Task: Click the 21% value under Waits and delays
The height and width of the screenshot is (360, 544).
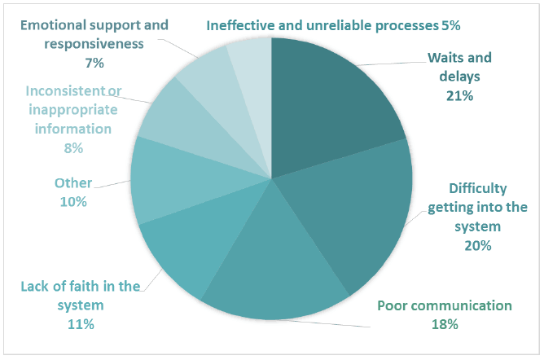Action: (x=459, y=96)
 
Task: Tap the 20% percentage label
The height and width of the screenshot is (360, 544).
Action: (x=478, y=245)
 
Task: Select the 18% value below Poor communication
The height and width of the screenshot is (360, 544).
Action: (x=445, y=324)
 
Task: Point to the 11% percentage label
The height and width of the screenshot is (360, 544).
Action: (x=81, y=324)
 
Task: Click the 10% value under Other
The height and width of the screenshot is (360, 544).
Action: (x=73, y=201)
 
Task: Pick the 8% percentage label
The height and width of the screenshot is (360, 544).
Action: (x=73, y=148)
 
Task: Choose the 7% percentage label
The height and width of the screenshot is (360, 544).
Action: (x=94, y=63)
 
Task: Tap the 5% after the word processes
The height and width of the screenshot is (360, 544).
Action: (x=450, y=25)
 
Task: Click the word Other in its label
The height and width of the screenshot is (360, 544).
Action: (x=73, y=182)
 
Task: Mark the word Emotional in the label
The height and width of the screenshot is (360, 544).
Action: (x=53, y=25)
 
